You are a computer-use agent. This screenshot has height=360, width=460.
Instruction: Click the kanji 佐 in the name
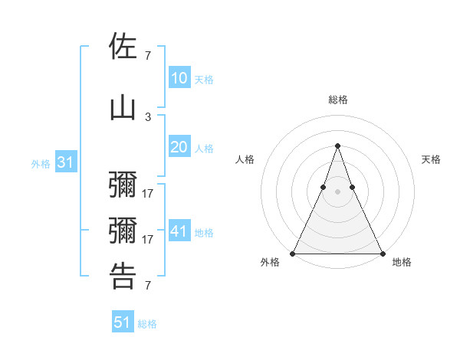pos(123,47)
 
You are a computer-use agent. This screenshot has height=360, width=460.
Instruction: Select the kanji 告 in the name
pos(123,276)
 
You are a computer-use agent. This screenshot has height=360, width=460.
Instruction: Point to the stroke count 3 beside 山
pos(148,116)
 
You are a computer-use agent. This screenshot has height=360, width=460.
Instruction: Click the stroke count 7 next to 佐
pos(148,55)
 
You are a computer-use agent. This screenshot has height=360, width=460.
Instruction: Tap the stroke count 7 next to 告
pos(148,286)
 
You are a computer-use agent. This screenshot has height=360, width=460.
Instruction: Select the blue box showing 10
pos(179,78)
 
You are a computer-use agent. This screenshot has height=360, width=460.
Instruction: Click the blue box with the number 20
pos(179,148)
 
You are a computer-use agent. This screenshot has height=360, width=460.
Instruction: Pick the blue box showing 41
pos(179,231)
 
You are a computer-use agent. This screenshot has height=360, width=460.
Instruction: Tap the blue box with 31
pos(65,163)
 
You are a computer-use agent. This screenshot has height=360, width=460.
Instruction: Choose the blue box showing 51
pos(122,322)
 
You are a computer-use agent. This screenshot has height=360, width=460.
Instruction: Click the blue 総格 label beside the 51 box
pos(147,324)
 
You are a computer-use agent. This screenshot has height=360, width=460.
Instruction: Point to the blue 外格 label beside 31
pos(41,164)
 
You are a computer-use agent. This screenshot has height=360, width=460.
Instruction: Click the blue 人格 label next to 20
pos(204,149)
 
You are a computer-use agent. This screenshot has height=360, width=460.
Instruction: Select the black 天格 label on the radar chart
pos(431,159)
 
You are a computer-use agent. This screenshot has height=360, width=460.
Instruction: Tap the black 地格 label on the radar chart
pos(402,262)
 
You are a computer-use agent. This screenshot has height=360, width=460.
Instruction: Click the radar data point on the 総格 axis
pos(337,146)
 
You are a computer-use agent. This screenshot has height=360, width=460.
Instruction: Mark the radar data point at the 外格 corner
pos(293,253)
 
